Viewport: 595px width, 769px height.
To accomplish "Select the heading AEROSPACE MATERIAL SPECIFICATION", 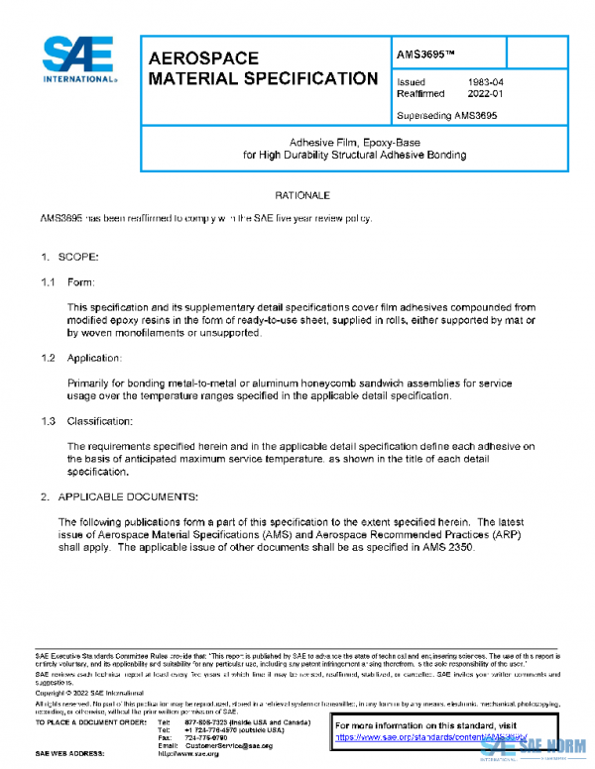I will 263,68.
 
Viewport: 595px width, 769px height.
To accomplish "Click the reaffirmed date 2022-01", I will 486,94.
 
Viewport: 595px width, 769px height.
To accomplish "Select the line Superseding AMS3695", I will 446,115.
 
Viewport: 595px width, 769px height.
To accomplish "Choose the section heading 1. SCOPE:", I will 69,258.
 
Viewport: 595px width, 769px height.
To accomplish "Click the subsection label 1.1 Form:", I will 67,282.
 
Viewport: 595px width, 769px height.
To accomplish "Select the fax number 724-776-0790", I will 206,737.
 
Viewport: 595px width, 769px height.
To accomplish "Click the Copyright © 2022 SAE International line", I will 88,692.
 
